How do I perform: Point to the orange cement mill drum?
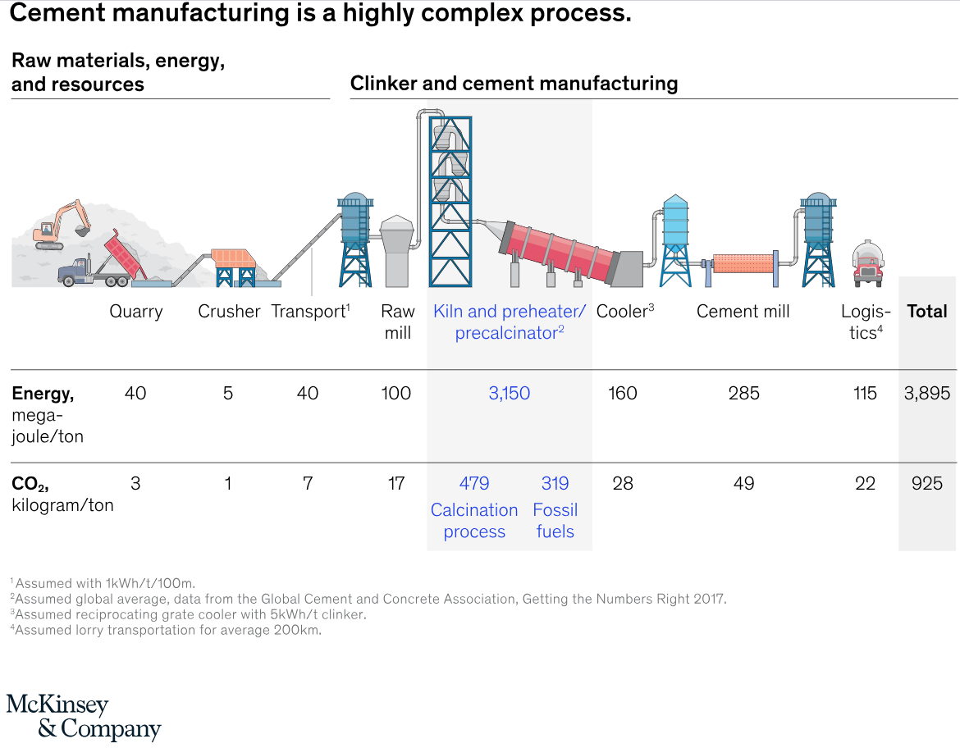coord(743,262)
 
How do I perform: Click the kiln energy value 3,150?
coord(509,394)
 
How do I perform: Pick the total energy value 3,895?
coord(927,394)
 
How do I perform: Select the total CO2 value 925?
coord(927,484)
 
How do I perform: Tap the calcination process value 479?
coord(474,484)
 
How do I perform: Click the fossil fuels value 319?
coord(555,484)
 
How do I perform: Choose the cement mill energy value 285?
coord(743,394)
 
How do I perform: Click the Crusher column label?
coord(229,312)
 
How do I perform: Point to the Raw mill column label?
coord(398,322)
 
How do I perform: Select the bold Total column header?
coord(927,312)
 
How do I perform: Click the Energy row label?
coord(43,395)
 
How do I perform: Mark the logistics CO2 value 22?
coord(865,484)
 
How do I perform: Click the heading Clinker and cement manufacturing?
coord(514,84)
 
